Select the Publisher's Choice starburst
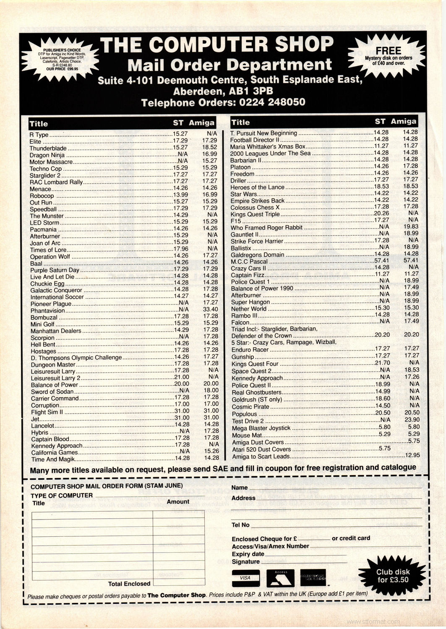(62, 61)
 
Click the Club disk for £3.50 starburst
(393, 576)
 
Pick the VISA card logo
(245, 578)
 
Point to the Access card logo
(280, 578)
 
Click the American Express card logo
(313, 578)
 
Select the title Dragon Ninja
(45, 155)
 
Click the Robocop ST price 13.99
(180, 196)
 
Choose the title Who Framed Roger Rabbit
(266, 228)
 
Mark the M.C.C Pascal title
(249, 261)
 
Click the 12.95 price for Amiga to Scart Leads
(412, 455)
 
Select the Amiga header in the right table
(403, 121)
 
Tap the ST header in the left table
(178, 123)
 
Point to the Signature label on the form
(245, 561)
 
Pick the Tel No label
(240, 525)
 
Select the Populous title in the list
(244, 414)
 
